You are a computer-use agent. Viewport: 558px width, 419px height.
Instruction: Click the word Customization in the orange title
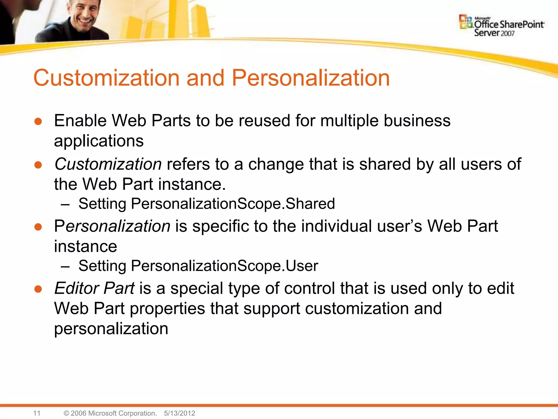pyautogui.click(x=106, y=78)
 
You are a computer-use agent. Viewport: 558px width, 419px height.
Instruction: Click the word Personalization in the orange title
pyautogui.click(x=311, y=78)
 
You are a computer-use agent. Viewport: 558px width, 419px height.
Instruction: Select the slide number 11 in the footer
pyautogui.click(x=37, y=413)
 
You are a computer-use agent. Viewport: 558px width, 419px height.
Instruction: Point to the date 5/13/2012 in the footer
pyautogui.click(x=180, y=413)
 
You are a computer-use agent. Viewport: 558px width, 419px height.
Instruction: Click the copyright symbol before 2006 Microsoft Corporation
pyautogui.click(x=66, y=413)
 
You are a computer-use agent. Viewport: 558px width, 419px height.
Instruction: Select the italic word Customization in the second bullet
pyautogui.click(x=108, y=164)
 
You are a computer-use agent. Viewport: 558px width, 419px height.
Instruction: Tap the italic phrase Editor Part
pyautogui.click(x=94, y=288)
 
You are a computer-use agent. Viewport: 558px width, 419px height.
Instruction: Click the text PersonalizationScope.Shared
pyautogui.click(x=233, y=204)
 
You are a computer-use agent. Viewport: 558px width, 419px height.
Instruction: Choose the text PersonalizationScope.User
pyautogui.click(x=224, y=266)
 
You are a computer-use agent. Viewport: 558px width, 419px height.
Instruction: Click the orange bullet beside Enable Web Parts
pyautogui.click(x=38, y=122)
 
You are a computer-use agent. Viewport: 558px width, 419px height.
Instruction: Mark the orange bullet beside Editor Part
pyautogui.click(x=38, y=289)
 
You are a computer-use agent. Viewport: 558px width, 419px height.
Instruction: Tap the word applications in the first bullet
pyautogui.click(x=99, y=141)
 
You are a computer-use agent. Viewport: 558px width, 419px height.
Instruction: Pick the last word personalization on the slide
pyautogui.click(x=111, y=329)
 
